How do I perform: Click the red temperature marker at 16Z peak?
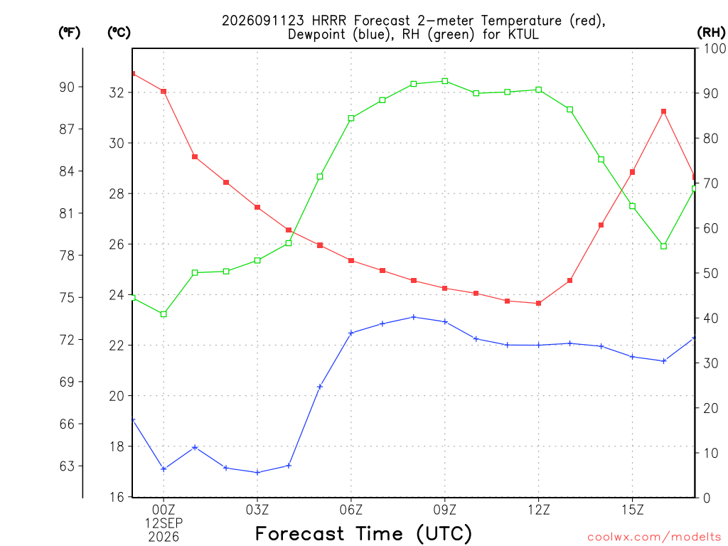point(663,112)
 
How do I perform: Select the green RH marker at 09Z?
point(445,81)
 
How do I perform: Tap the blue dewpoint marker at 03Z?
point(257,473)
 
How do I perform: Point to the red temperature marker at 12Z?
point(539,303)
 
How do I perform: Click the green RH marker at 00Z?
point(164,314)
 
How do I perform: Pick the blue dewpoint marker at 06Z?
point(351,333)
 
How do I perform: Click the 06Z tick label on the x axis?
point(351,510)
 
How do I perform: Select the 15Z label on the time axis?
point(632,510)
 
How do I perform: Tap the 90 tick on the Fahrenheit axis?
point(67,87)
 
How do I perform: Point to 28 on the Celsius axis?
point(117,193)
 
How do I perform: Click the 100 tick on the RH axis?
point(714,48)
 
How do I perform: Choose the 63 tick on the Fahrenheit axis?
point(67,466)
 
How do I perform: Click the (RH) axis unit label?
point(711,32)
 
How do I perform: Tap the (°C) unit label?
point(119,32)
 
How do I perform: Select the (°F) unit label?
point(69,32)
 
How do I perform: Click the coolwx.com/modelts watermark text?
point(654,537)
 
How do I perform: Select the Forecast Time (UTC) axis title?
point(363,533)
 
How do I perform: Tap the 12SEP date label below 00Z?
point(164,523)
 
